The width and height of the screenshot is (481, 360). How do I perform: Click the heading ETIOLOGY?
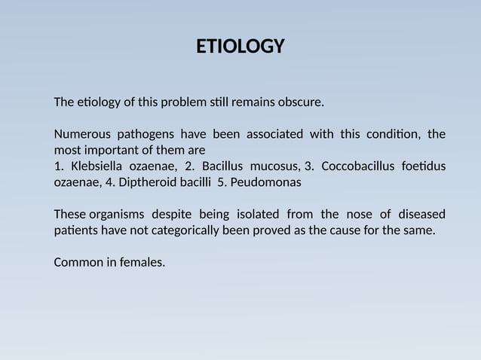pyautogui.click(x=240, y=47)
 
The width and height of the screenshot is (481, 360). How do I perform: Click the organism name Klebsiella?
pyautogui.click(x=96, y=166)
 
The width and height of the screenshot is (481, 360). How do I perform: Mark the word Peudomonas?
pyautogui.click(x=265, y=182)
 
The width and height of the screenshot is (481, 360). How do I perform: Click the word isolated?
pyautogui.click(x=254, y=214)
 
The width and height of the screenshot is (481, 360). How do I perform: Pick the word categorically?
pyautogui.click(x=185, y=230)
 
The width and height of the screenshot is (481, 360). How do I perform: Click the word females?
pyautogui.click(x=141, y=262)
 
